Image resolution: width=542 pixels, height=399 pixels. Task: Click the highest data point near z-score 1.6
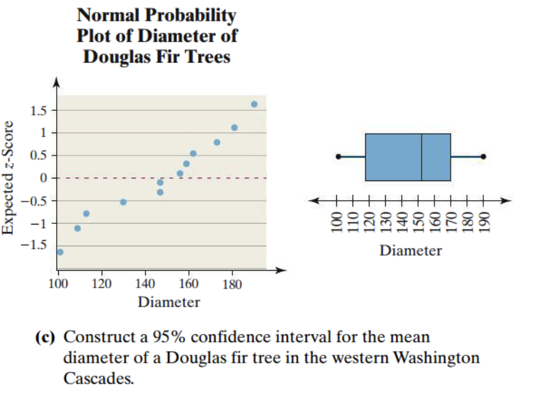(254, 104)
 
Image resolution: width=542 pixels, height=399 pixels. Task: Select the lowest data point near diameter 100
(60, 252)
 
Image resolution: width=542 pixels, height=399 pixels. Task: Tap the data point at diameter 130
(124, 202)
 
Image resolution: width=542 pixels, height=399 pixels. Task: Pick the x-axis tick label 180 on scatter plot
(232, 283)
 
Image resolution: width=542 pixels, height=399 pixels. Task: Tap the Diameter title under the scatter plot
(169, 302)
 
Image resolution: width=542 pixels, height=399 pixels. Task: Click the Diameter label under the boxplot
(410, 251)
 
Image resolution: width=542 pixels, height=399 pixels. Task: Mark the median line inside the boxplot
(422, 157)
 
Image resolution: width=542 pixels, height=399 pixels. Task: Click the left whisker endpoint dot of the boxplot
(338, 157)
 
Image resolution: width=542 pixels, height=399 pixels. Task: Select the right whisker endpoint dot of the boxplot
(483, 157)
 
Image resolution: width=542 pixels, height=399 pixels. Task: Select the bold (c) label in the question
(46, 337)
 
